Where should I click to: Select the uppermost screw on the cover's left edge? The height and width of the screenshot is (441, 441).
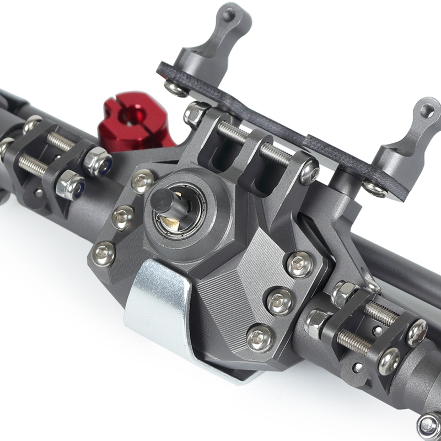(142, 180)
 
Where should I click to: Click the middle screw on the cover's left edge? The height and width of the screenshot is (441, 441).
(122, 217)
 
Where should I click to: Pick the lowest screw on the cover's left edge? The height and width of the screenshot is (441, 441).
(104, 254)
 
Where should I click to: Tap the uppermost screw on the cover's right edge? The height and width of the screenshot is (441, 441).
(300, 264)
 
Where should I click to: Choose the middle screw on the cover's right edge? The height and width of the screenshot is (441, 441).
(280, 301)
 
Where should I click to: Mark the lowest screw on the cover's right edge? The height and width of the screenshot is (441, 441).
(260, 337)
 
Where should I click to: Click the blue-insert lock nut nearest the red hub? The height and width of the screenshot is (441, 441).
(98, 162)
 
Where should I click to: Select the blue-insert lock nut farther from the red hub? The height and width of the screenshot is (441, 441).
(71, 185)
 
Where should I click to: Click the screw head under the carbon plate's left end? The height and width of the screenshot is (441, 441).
(175, 88)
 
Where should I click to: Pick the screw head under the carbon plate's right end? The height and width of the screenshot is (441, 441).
(374, 189)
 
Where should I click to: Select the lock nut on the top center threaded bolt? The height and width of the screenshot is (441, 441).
(196, 114)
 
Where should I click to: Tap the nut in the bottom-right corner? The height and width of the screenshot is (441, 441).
(429, 426)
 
